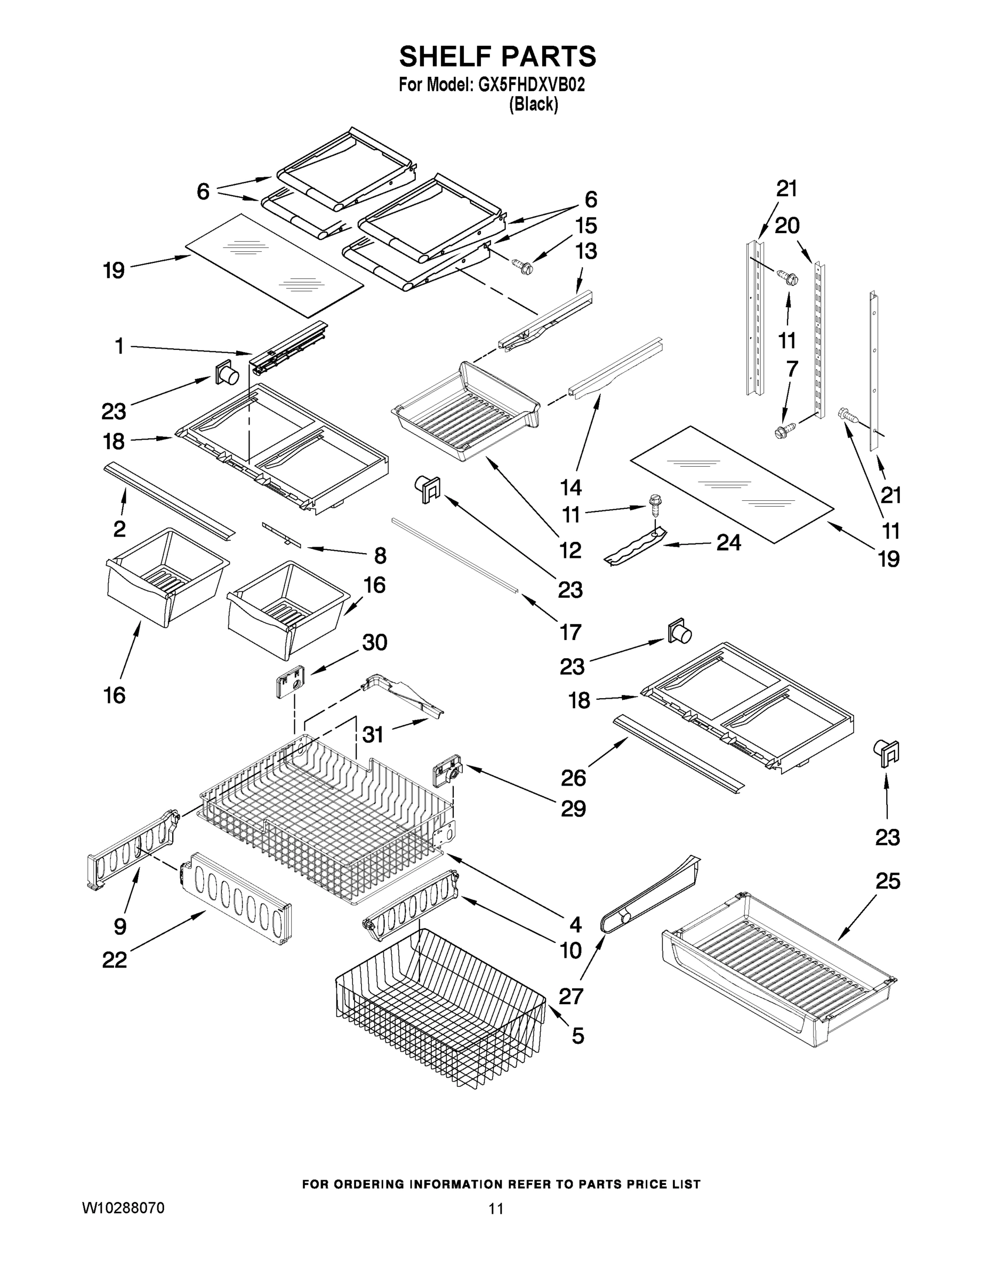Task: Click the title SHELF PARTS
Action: coord(497,57)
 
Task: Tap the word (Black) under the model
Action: coord(533,105)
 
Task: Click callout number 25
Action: coord(887,881)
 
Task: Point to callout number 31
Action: coord(373,734)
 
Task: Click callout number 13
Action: coord(586,251)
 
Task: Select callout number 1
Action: coord(119,346)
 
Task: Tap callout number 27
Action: coord(570,996)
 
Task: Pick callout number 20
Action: coord(787,225)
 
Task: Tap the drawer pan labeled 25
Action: coord(779,967)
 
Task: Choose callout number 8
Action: coord(380,555)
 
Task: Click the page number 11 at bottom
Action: coord(496,1209)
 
